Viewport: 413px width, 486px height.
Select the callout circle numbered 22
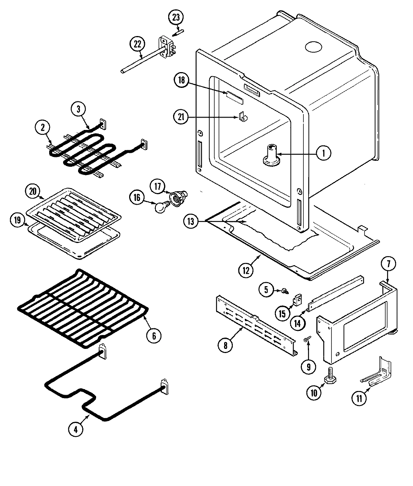[x=137, y=44]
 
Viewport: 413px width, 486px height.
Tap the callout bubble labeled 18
[x=181, y=80]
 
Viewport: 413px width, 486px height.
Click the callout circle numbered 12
[x=246, y=270]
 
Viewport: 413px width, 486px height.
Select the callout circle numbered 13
[x=191, y=222]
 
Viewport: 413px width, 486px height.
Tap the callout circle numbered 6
[x=154, y=335]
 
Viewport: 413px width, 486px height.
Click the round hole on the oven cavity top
[x=314, y=47]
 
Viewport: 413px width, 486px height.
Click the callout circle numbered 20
[x=33, y=191]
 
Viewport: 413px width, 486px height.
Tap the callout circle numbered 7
[x=388, y=264]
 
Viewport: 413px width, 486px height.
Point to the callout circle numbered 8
[x=225, y=345]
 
